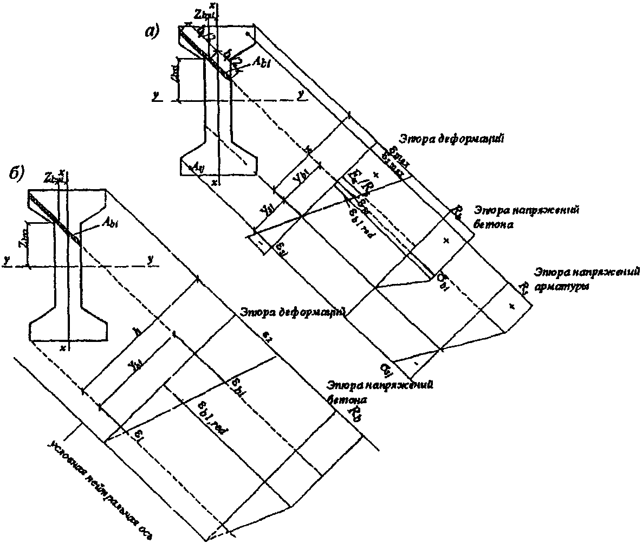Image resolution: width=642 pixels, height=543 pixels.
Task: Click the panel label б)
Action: [17, 173]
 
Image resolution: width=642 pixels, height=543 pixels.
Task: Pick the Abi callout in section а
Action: [261, 63]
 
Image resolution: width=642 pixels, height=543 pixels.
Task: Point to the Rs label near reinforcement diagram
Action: [524, 286]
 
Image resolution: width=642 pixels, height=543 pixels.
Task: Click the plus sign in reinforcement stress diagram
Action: [511, 307]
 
